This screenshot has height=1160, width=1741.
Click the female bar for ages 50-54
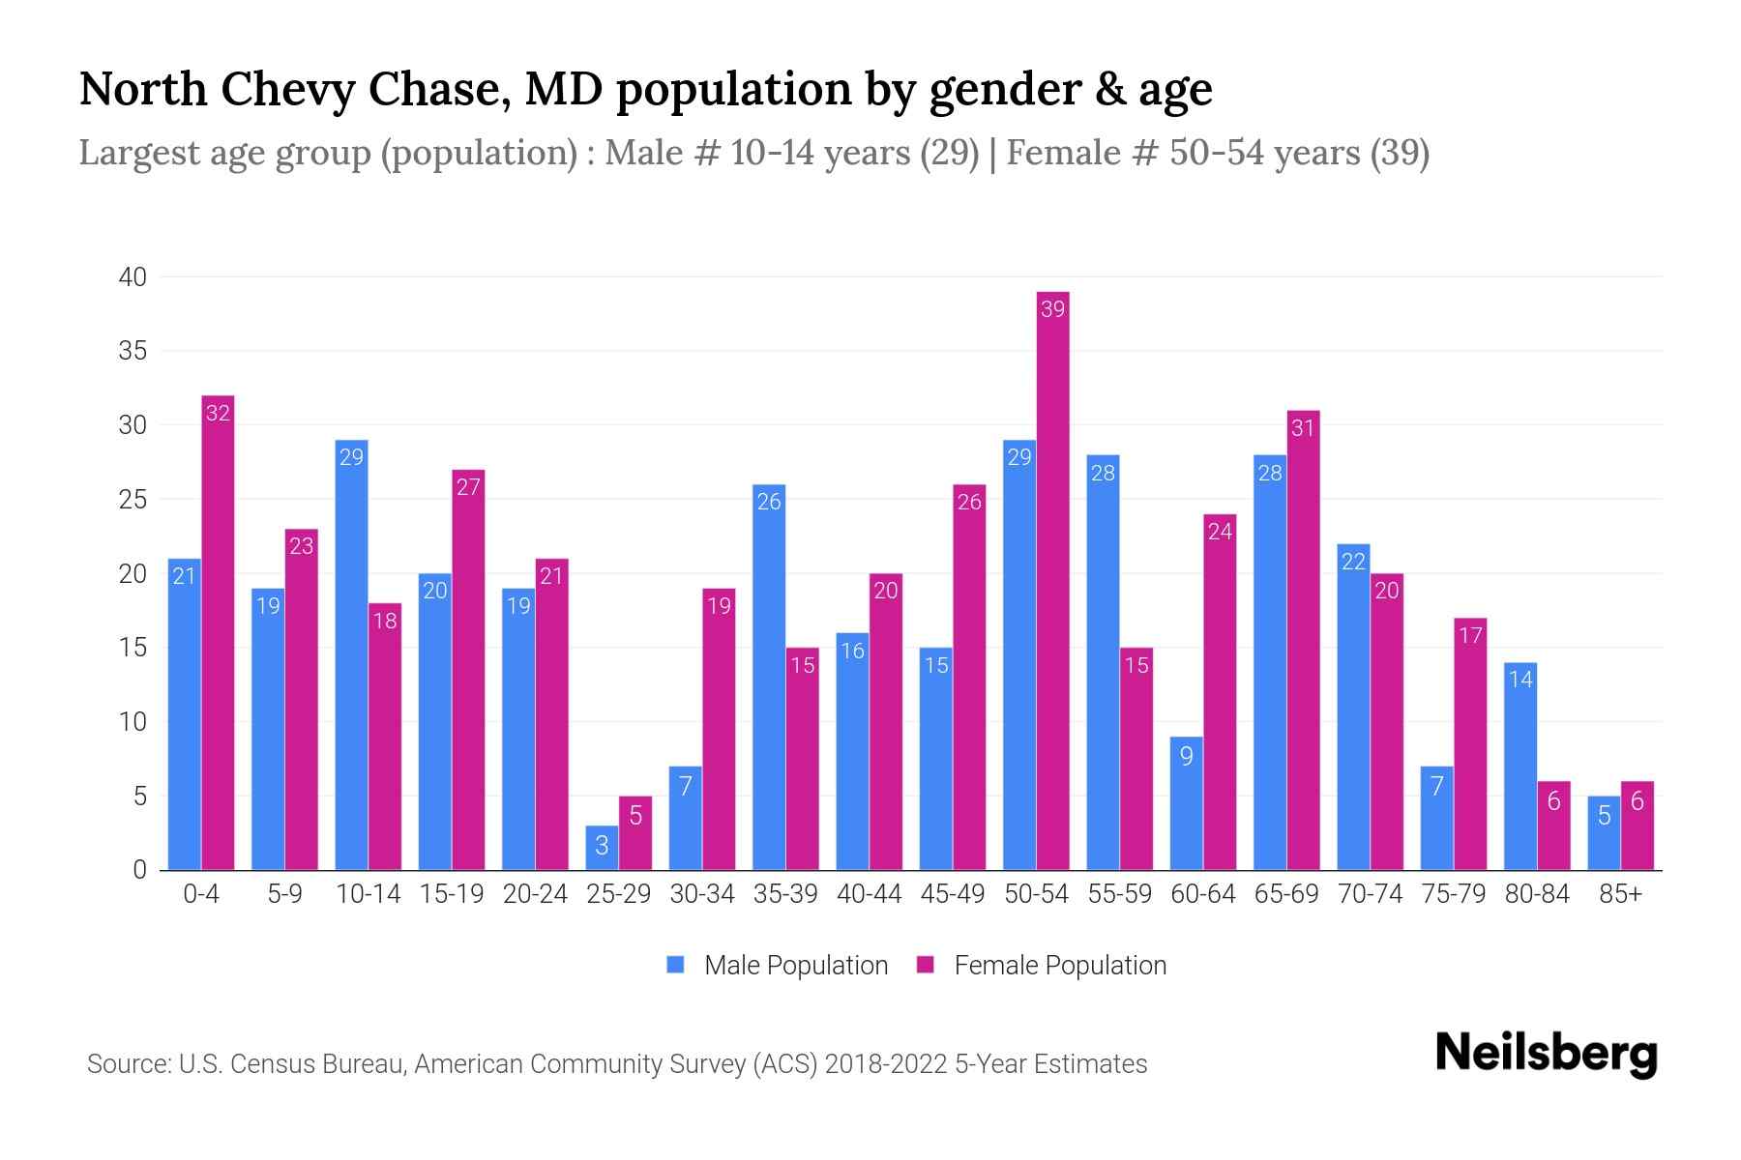coord(1052,580)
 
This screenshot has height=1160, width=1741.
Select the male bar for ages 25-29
coord(602,848)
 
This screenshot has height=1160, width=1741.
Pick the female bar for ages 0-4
coord(218,633)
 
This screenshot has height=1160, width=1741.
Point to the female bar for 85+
coord(1638,826)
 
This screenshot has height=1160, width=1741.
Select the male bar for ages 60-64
coord(1187,803)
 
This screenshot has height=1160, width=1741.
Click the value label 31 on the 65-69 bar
coord(1303,427)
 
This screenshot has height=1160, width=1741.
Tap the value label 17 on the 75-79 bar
coord(1470,635)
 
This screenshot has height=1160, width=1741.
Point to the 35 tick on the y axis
coord(133,351)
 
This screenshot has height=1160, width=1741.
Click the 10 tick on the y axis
coord(133,722)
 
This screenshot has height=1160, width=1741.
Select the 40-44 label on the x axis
coord(869,894)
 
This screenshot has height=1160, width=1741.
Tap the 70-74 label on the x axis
coord(1370,894)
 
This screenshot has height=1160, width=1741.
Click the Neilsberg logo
coord(1546,1054)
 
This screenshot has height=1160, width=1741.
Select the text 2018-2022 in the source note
coord(886,1064)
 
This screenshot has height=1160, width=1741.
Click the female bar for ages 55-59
coord(1136,759)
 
